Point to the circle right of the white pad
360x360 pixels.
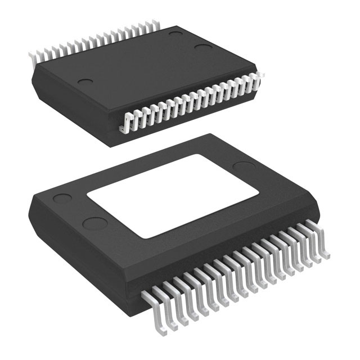[243, 167]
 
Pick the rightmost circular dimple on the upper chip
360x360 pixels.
[202, 46]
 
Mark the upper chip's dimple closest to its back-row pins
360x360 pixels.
[176, 35]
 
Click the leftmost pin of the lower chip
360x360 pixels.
[147, 298]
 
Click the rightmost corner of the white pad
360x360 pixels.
[259, 193]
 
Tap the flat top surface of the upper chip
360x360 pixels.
[141, 67]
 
